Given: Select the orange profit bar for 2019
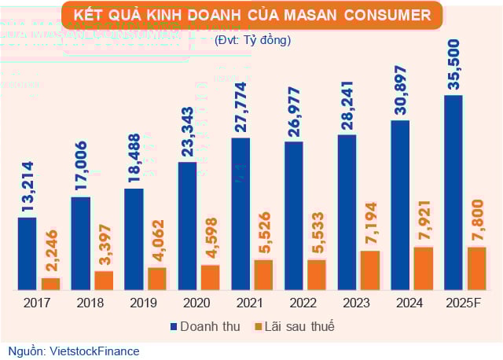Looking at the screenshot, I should tap(157, 279).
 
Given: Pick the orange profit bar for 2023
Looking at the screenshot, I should tap(370, 270).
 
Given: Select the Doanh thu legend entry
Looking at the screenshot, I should tap(201, 326).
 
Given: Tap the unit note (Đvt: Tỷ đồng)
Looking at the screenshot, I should tap(251, 39).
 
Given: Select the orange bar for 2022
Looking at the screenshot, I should tap(317, 274).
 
